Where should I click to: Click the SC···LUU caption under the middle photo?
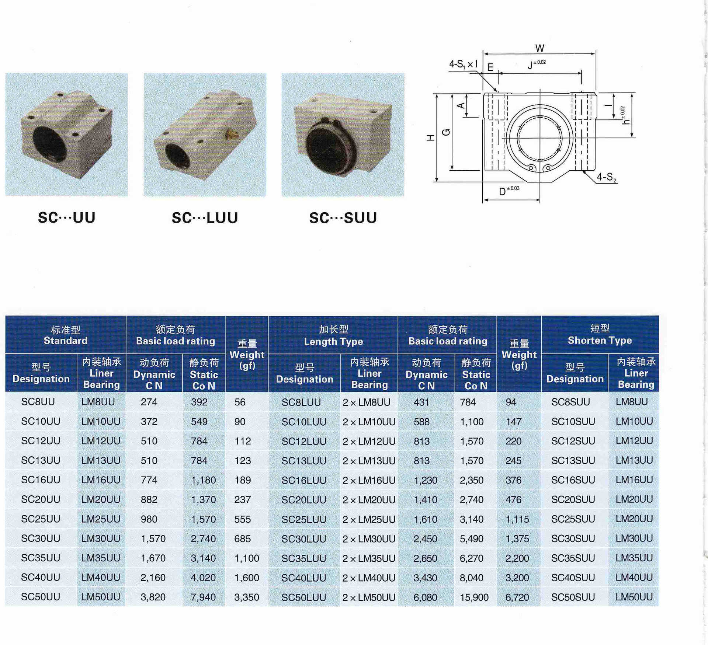205,218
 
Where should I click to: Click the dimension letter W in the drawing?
539,48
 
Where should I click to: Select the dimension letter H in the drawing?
430,138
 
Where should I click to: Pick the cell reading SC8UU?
38,402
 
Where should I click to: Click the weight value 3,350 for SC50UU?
247,597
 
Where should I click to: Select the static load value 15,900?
474,597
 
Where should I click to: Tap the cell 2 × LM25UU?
369,519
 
